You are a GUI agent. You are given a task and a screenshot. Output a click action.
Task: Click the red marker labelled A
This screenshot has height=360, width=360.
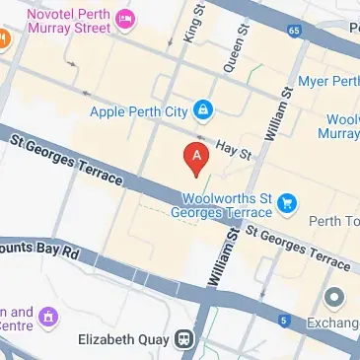point(197,157)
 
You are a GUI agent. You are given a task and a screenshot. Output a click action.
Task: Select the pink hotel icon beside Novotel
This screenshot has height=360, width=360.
point(125,19)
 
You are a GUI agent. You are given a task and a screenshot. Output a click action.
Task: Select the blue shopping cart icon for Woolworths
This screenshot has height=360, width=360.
point(287,203)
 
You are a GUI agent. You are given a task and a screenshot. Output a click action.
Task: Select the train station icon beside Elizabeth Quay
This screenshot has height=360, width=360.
point(183,340)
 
